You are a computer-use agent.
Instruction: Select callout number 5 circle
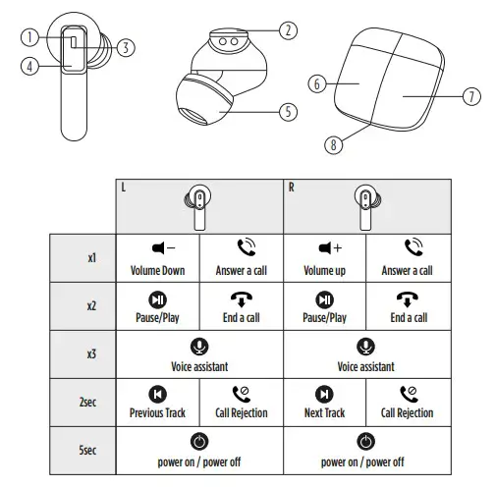pyautogui.click(x=287, y=112)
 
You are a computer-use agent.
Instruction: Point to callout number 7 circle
pyautogui.click(x=470, y=96)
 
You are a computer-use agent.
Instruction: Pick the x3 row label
pyautogui.click(x=90, y=353)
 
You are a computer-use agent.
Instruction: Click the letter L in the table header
pyautogui.click(x=123, y=187)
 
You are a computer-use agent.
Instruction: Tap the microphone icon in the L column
pyautogui.click(x=199, y=346)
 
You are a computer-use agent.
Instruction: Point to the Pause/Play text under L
pyautogui.click(x=158, y=318)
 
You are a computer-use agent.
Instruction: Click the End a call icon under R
pyautogui.click(x=408, y=298)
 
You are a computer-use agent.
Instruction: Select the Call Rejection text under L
pyautogui.click(x=241, y=413)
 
